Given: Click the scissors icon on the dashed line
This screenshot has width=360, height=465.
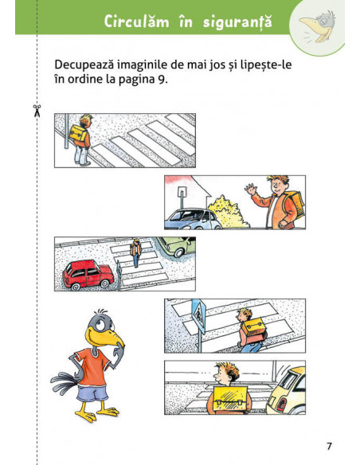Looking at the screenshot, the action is (x=37, y=111).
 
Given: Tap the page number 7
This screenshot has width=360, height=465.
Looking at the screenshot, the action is (x=329, y=447).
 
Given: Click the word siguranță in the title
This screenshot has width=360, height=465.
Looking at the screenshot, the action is (x=237, y=22).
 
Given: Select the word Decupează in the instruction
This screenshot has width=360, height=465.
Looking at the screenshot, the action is (x=84, y=64).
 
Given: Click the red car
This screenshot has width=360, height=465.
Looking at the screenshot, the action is (x=88, y=275).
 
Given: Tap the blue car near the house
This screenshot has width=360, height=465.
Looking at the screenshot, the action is (x=193, y=220).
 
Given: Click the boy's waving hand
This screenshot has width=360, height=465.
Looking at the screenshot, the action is (x=251, y=189).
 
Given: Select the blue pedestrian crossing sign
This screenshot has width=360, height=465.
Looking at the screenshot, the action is (x=198, y=316).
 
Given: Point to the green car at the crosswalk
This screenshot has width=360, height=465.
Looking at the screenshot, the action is (x=177, y=245).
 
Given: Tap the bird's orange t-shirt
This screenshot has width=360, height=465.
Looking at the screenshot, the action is (x=93, y=366).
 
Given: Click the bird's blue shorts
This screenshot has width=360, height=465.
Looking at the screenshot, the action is (x=92, y=393).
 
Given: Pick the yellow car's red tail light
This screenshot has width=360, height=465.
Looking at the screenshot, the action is (x=281, y=404).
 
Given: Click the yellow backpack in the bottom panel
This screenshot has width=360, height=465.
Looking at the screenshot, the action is (x=230, y=399).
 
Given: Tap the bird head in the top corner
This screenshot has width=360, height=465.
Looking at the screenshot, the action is (x=318, y=26).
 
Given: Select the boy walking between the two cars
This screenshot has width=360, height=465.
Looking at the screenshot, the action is (x=135, y=253).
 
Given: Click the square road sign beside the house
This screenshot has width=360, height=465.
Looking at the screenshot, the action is (x=181, y=192).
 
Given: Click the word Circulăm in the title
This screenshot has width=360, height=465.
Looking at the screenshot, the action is (x=136, y=21).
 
